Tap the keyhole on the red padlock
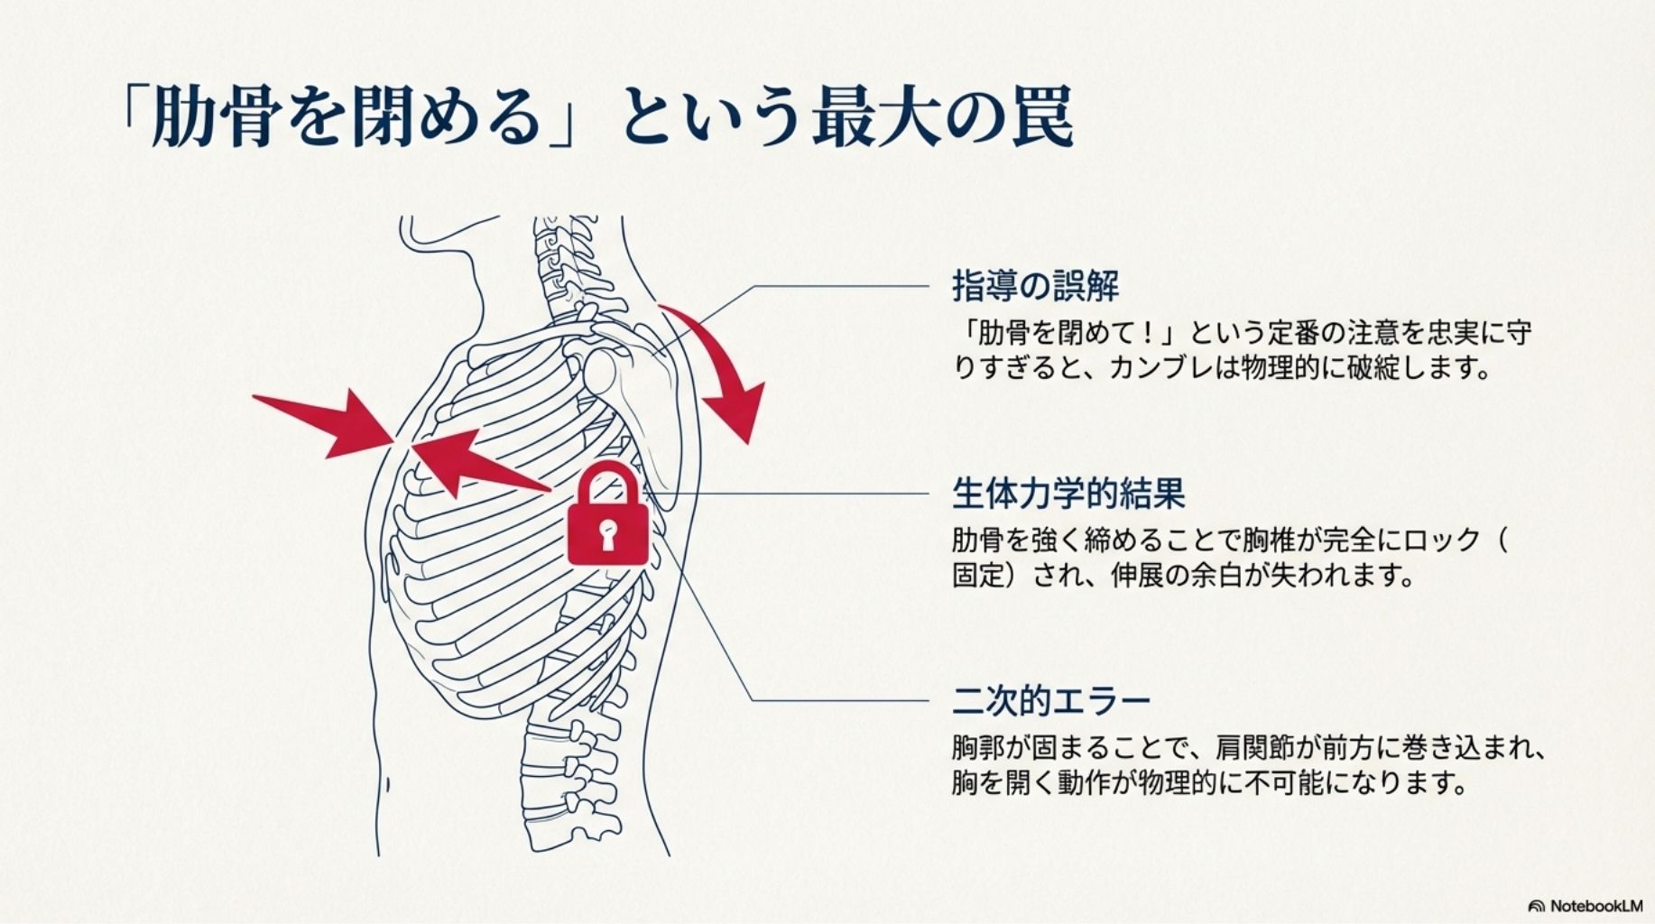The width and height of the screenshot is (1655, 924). (607, 533)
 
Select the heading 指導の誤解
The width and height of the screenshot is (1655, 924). (1035, 286)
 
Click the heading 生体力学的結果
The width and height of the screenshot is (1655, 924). (1068, 494)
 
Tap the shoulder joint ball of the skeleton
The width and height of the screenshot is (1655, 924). (601, 370)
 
